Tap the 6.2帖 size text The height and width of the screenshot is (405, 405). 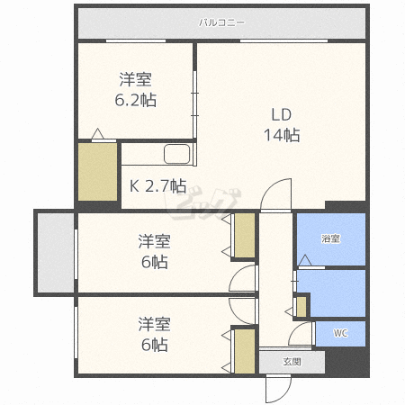[x=136, y=100]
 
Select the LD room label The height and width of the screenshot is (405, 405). [x=282, y=115]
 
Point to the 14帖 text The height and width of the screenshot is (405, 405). [x=282, y=136]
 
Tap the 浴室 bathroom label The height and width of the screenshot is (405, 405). [x=331, y=238]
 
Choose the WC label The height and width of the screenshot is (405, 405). [x=340, y=333]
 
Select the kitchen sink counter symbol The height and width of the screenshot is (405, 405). [x=178, y=155]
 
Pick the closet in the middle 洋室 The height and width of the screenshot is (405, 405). [x=244, y=235]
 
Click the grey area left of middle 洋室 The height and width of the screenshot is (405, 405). [x=54, y=252]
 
